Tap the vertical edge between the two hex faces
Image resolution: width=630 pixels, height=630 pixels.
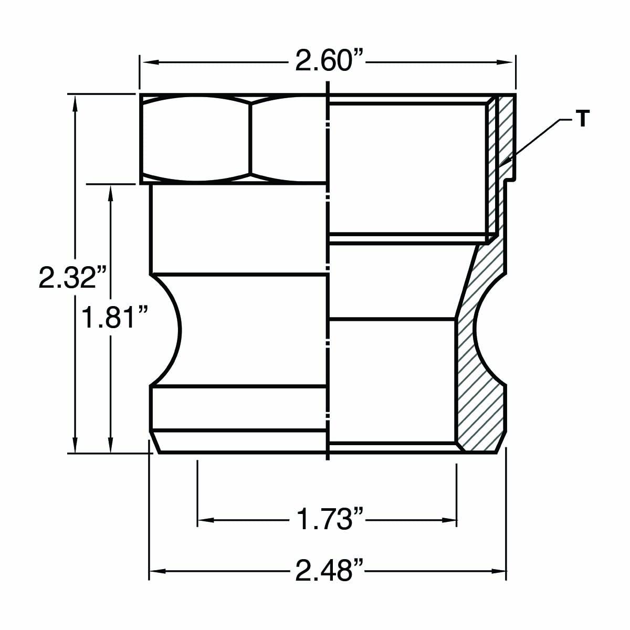251,139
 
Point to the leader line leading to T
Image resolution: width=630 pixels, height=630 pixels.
535,140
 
